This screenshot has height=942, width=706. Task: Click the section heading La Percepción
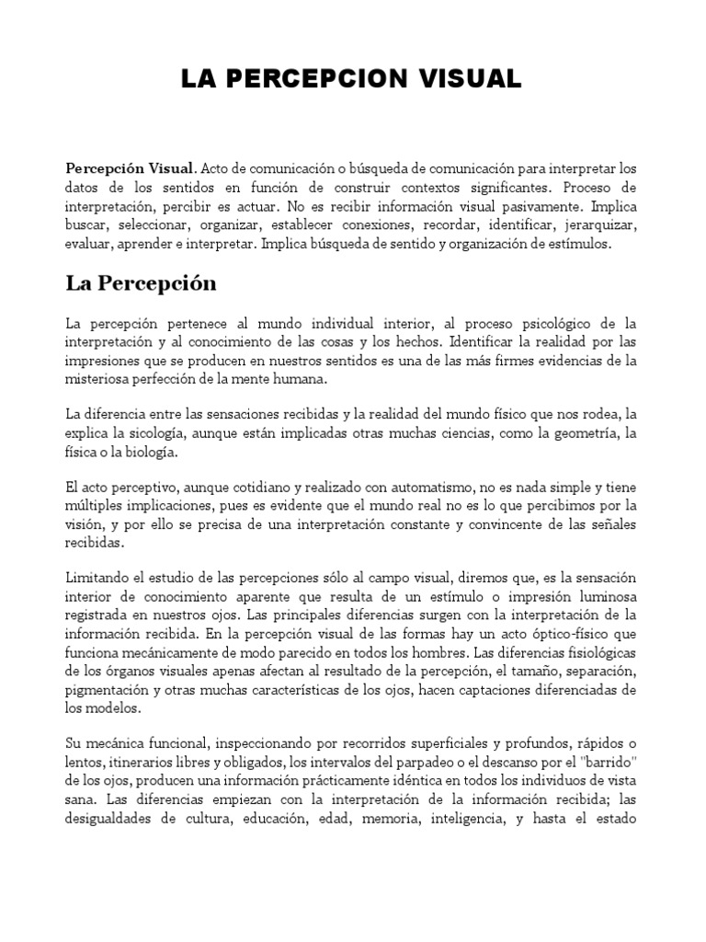point(141,283)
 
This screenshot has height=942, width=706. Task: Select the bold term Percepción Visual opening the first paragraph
point(130,168)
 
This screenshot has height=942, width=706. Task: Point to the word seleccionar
point(153,226)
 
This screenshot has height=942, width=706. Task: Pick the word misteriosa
point(98,380)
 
